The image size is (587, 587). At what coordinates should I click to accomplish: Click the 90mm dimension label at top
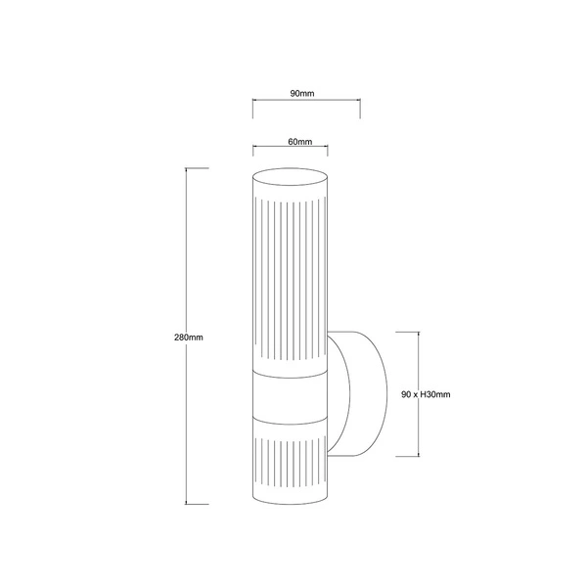point(302,94)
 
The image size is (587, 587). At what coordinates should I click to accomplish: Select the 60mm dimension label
point(300,142)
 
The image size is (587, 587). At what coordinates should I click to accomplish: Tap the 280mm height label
point(189,338)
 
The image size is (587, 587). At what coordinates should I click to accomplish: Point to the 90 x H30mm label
point(426,394)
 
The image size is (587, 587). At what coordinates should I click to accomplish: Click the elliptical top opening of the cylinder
point(291,177)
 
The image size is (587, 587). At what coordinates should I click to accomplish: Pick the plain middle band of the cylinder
point(291,398)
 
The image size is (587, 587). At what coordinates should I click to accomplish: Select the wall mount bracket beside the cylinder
point(357,394)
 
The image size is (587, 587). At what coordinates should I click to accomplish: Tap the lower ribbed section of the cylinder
point(291,463)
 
